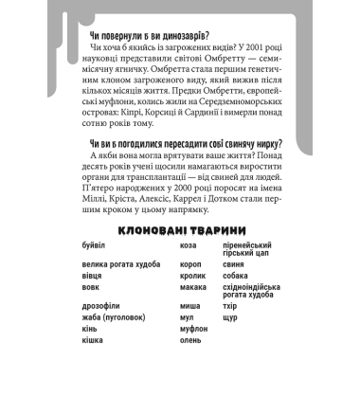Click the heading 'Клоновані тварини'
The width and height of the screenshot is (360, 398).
(179, 231)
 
